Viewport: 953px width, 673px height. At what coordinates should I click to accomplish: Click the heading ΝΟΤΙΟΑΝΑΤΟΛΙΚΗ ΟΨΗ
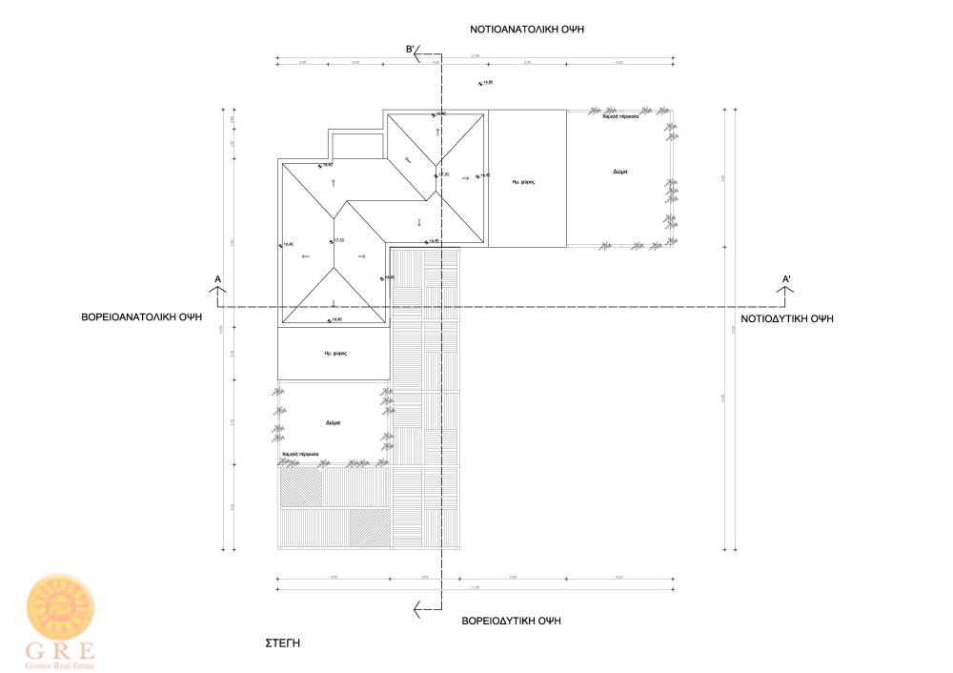click(526, 30)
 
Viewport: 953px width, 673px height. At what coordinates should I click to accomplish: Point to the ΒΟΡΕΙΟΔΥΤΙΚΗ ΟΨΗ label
click(511, 620)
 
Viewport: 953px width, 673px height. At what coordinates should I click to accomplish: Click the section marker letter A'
click(786, 279)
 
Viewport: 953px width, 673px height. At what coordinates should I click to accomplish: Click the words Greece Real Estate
click(61, 663)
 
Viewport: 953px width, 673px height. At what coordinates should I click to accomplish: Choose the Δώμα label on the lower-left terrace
click(333, 422)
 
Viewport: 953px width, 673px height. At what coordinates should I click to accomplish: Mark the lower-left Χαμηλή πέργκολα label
click(301, 454)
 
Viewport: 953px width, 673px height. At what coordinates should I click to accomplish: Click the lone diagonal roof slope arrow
click(406, 158)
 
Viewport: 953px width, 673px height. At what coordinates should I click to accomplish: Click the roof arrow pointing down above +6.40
click(418, 222)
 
